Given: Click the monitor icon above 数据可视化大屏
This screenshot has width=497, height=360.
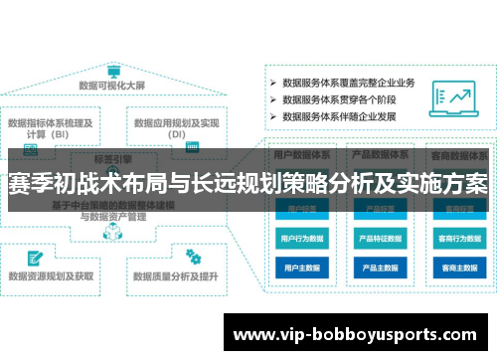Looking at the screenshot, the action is tap(113, 71).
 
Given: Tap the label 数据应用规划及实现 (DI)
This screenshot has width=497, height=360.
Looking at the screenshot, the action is tap(177, 129).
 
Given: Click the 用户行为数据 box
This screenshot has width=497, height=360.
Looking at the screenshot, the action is tap(302, 239).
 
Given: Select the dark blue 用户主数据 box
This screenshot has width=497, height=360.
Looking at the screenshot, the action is tap(302, 268).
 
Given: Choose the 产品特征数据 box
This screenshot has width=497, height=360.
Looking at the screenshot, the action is tap(381, 239).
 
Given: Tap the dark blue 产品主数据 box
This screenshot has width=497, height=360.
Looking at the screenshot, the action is tap(381, 268).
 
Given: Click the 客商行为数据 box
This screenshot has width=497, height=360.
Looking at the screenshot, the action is tap(459, 239).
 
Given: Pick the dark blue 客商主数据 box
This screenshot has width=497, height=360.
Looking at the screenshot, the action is tap(459, 268).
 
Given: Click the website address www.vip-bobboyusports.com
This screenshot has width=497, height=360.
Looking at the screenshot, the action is tap(359, 333).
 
